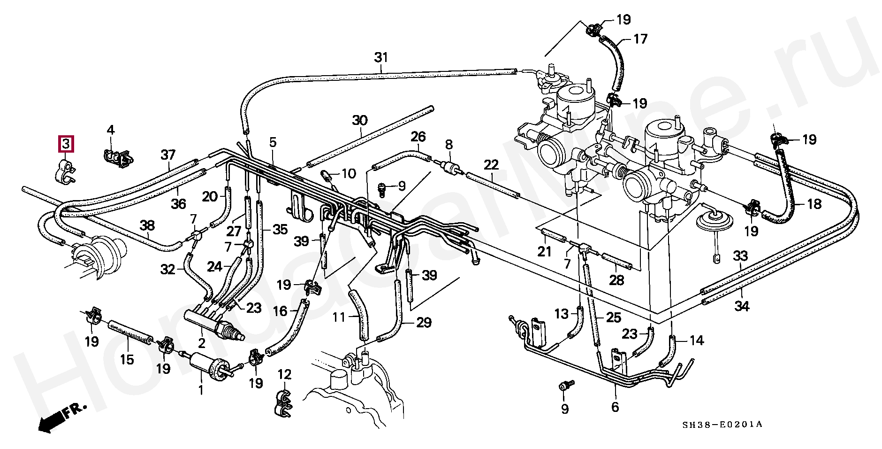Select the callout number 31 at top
381,58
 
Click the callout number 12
284,374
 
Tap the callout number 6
615,407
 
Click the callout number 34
742,306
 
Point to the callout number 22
491,165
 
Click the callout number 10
349,174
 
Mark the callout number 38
147,226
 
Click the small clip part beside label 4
118,159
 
